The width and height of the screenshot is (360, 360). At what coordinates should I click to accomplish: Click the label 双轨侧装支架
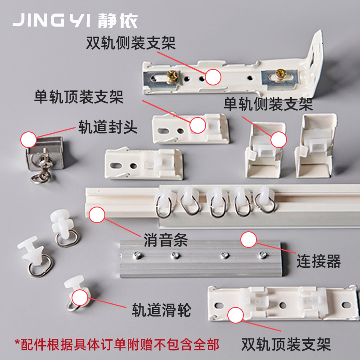click(130, 44)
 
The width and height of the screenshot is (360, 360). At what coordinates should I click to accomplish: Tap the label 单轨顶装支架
click(78, 97)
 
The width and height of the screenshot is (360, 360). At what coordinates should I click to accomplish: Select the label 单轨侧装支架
click(268, 105)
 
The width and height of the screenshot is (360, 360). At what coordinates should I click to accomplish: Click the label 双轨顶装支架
click(286, 345)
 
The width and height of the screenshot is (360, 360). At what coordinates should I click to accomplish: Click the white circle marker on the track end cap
click(29, 139)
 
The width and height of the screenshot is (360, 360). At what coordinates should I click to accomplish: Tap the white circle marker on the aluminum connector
click(248, 239)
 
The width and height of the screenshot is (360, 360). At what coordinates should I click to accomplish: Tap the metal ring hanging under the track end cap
click(36, 178)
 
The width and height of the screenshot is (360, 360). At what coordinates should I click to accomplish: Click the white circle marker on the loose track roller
click(80, 297)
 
